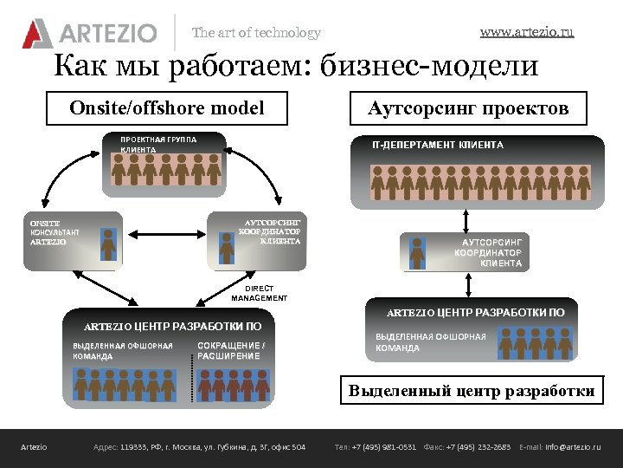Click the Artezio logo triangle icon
click(x=37, y=33)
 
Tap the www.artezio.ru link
click(x=527, y=32)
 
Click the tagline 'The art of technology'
click(x=256, y=33)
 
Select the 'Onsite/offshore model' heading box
click(x=167, y=108)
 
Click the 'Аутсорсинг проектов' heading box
click(x=468, y=108)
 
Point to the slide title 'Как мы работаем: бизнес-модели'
click(x=296, y=66)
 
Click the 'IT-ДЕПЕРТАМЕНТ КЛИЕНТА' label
click(x=437, y=145)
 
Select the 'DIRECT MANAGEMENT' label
click(x=259, y=293)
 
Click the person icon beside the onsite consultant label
click(x=108, y=244)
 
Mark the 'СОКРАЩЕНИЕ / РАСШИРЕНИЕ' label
click(x=231, y=351)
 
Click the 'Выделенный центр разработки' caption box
click(x=472, y=391)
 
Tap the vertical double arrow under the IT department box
click(x=466, y=218)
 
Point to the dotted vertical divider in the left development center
click(x=192, y=373)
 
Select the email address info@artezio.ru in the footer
click(x=572, y=447)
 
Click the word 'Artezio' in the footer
click(x=34, y=447)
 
